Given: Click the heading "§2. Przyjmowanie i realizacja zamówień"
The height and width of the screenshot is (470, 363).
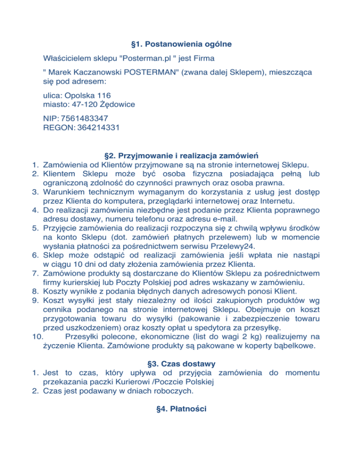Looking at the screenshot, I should click(181, 155).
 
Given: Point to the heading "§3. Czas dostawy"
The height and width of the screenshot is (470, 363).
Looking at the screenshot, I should click(181, 364).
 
